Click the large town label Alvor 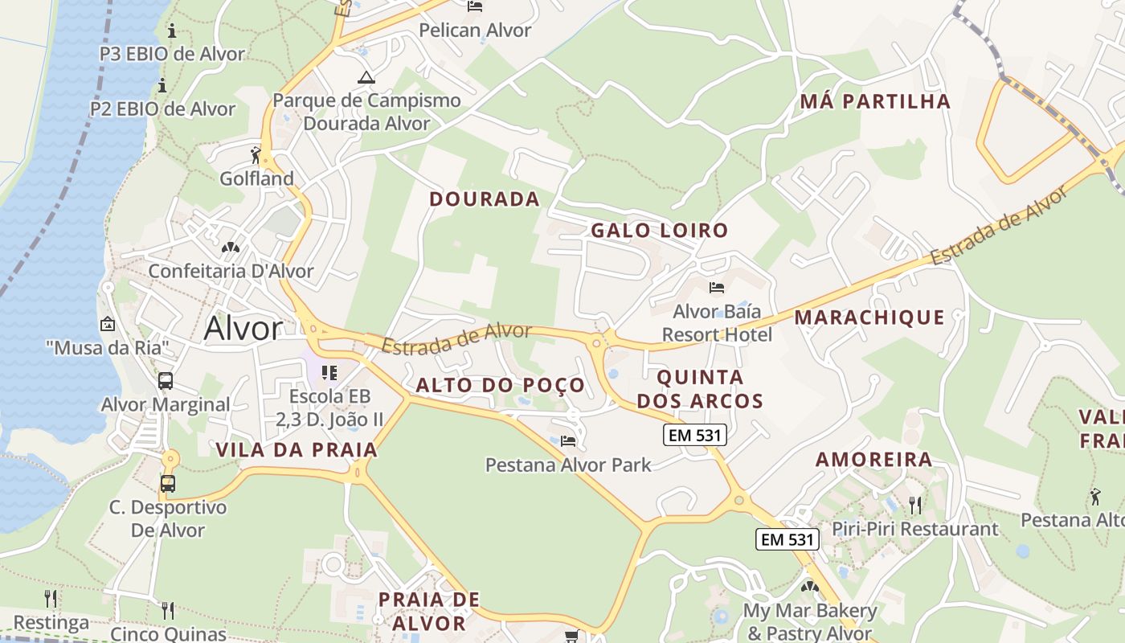pos(243,329)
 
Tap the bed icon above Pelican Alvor pos(475,6)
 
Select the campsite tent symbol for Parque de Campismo pos(366,78)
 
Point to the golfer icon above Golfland pos(256,154)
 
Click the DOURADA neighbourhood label pos(484,199)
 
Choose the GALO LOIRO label pos(659,231)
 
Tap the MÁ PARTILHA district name pos(875,101)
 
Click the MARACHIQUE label pos(869,317)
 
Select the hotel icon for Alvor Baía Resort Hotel pos(717,287)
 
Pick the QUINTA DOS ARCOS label pos(700,388)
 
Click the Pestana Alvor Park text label pos(568,465)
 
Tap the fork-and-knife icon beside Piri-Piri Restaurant pos(914,505)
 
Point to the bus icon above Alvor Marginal pos(166,380)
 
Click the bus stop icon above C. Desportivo pos(168,483)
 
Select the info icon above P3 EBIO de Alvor pos(171,31)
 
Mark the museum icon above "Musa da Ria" pos(107,324)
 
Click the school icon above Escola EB pos(329,372)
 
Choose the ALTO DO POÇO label pos(500,385)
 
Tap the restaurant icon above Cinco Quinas pos(168,610)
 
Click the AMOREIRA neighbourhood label pos(873,460)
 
